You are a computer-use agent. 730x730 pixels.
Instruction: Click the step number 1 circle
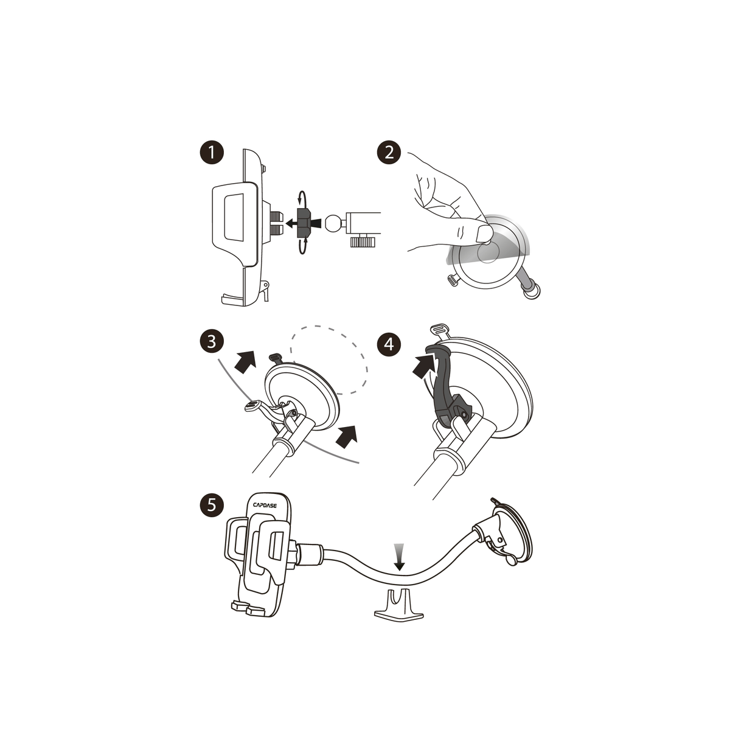point(211,152)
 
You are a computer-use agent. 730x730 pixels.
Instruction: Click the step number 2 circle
point(389,152)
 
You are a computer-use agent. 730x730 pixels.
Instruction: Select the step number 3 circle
point(211,342)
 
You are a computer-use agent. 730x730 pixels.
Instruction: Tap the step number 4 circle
point(389,345)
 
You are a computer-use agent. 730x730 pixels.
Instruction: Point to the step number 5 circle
point(211,504)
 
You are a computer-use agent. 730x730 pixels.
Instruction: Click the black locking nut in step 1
point(304,223)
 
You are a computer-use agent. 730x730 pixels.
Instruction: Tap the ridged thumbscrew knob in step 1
point(363,242)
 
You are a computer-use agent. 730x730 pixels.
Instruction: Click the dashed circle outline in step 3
point(329,360)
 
